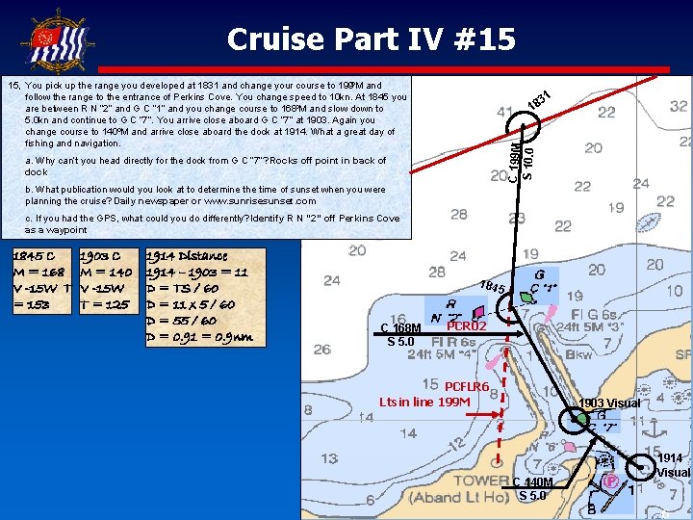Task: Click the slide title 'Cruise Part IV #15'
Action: [372, 39]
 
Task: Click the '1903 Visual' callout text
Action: [609, 403]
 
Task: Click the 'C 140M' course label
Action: [532, 481]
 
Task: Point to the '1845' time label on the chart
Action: [493, 286]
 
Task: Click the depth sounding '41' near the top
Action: [504, 112]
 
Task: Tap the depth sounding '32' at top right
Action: [680, 107]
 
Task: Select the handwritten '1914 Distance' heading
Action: [186, 256]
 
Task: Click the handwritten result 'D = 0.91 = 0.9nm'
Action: [198, 337]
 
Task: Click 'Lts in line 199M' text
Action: [424, 402]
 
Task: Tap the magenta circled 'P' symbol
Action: [609, 481]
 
